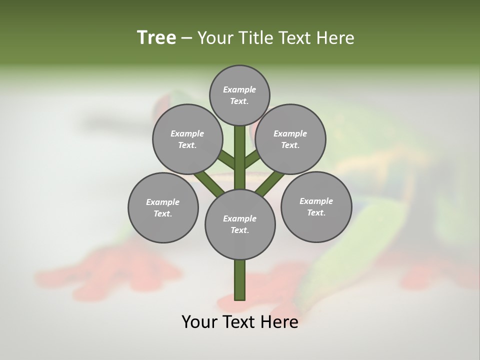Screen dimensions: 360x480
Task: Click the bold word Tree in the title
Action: pyautogui.click(x=156, y=38)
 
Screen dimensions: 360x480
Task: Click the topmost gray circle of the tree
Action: pyautogui.click(x=239, y=95)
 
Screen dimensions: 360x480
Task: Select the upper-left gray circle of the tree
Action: pyautogui.click(x=187, y=139)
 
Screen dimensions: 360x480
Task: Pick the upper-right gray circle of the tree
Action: pyautogui.click(x=290, y=139)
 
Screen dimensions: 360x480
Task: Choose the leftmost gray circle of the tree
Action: pyautogui.click(x=163, y=207)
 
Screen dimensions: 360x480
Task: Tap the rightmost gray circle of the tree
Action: pyautogui.click(x=316, y=206)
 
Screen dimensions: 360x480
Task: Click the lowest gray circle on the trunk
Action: pyautogui.click(x=240, y=224)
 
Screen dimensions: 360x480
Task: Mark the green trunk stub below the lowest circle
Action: pyautogui.click(x=240, y=280)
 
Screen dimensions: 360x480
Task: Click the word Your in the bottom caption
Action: pyautogui.click(x=198, y=322)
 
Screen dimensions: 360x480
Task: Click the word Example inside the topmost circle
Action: pyautogui.click(x=239, y=90)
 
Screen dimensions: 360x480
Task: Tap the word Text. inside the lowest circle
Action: pyautogui.click(x=240, y=230)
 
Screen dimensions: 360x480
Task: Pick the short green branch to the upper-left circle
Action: pyautogui.click(x=227, y=160)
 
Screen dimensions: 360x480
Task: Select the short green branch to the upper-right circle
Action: pyautogui.click(x=252, y=159)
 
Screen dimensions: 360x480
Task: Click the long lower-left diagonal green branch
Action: pyautogui.click(x=209, y=182)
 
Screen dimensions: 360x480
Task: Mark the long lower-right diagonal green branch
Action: pyautogui.click(x=270, y=182)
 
